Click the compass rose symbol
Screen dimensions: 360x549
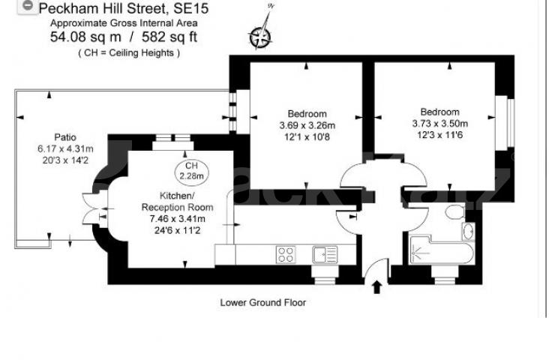point(262,35)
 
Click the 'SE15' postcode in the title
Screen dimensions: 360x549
point(190,10)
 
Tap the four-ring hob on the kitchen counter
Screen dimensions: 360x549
point(285,254)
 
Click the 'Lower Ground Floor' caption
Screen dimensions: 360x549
point(262,303)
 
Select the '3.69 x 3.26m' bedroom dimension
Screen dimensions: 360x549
point(307,124)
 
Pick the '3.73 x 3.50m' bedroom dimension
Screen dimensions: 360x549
point(439,124)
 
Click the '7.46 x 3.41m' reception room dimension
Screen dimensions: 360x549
point(178,218)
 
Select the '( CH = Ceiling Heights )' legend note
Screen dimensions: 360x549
point(128,52)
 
